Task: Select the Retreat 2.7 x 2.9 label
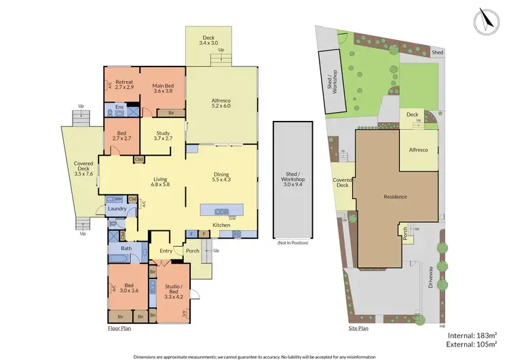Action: pyautogui.click(x=124, y=85)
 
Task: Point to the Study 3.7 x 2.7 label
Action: pyautogui.click(x=163, y=136)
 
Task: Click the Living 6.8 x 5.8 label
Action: pyautogui.click(x=161, y=181)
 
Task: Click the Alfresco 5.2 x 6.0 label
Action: pyautogui.click(x=221, y=102)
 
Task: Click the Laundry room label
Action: pyautogui.click(x=117, y=209)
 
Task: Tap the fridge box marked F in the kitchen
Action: pyautogui.click(x=191, y=234)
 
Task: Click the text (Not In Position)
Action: pyautogui.click(x=293, y=242)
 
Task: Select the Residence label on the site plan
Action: pyautogui.click(x=396, y=197)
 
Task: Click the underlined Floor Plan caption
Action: pyautogui.click(x=119, y=328)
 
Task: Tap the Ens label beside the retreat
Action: pyautogui.click(x=119, y=107)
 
